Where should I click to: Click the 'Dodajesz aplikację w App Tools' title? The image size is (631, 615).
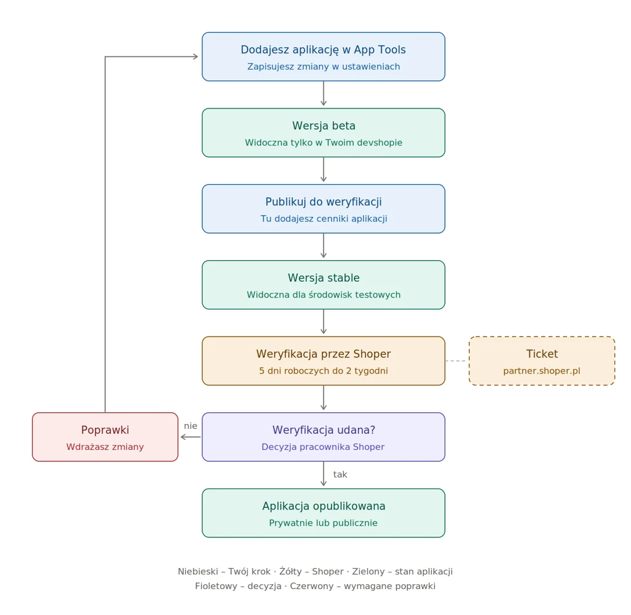[x=323, y=50]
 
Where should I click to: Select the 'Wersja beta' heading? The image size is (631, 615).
[x=324, y=126]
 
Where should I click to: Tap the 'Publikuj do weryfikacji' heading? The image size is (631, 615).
[x=324, y=202]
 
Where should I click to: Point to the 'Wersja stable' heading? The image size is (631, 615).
[x=324, y=278]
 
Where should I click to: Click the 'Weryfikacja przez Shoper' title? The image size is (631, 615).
[x=324, y=354]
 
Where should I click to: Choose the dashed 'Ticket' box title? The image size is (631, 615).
[x=542, y=354]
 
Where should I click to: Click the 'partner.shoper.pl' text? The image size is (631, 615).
[x=542, y=371]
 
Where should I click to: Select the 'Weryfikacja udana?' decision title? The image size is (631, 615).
[x=324, y=430]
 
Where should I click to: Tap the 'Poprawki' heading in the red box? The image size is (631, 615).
[x=105, y=430]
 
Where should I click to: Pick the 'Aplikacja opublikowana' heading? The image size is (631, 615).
[x=324, y=506]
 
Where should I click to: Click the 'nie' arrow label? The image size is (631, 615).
[x=190, y=426]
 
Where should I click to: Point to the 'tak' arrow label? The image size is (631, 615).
[x=340, y=474]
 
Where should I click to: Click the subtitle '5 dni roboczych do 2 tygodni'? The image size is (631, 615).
[x=324, y=371]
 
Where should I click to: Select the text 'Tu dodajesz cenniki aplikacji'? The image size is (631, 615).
[x=324, y=219]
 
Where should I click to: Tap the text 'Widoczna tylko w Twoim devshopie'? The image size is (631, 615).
[x=324, y=142]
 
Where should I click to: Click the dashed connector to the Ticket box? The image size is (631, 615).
[x=457, y=361]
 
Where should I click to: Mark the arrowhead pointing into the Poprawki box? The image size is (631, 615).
[x=183, y=437]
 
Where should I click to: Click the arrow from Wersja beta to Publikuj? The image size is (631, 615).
[x=324, y=169]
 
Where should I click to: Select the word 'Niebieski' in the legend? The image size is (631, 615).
[x=198, y=571]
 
